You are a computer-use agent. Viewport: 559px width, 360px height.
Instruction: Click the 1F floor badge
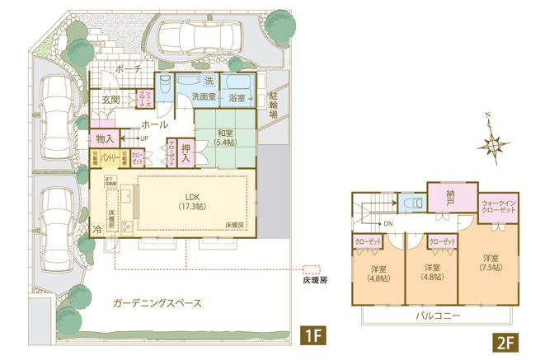click(313, 336)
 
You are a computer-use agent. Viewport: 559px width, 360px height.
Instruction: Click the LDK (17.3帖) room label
click(193, 200)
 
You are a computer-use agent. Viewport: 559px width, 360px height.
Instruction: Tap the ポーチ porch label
click(129, 69)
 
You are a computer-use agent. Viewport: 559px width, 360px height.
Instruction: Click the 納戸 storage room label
click(451, 196)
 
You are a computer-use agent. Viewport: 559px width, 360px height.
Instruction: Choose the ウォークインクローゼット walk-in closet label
click(498, 208)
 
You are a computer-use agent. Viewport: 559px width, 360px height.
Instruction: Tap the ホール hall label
click(156, 124)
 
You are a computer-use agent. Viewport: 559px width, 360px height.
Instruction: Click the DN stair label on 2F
click(388, 224)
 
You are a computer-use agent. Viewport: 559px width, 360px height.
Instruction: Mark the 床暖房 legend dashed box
click(311, 269)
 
